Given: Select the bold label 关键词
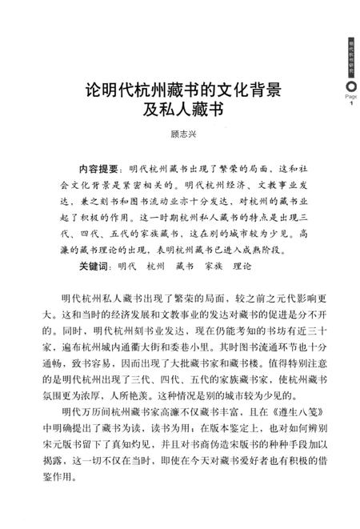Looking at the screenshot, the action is pos(95,266).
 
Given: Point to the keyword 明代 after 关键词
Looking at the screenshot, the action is pos(129,266).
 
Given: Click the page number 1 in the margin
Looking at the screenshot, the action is pos(350,104).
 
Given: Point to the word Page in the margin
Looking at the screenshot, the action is pos(350,94).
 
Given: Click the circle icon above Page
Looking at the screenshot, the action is pos(350,82).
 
